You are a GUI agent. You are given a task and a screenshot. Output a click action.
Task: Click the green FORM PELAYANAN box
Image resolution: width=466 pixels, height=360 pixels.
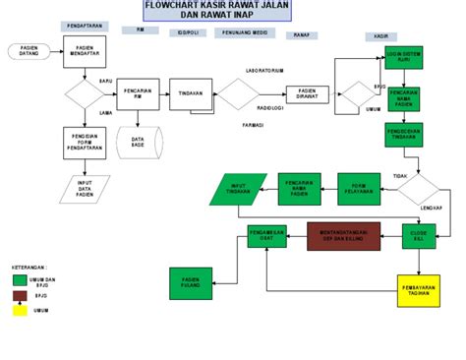360,187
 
